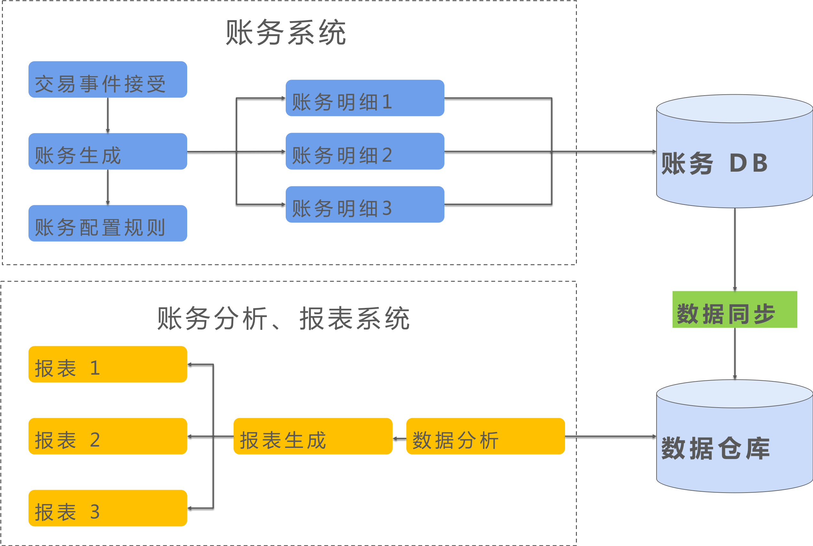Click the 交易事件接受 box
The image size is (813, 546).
point(108,80)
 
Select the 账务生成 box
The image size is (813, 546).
point(108,152)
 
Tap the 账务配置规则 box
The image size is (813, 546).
point(108,223)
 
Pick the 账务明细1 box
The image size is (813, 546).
point(365,98)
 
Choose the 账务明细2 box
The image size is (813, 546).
point(365,152)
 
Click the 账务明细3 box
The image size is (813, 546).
point(365,204)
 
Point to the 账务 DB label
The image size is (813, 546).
point(714,163)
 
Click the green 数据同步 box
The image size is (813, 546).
point(735,309)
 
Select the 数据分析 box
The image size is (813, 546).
point(485,436)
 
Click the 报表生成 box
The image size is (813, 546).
point(313,436)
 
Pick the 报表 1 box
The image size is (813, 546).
point(108,364)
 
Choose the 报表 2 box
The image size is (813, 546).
point(108,436)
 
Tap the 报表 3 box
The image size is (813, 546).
point(108,508)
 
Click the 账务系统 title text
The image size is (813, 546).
point(286,32)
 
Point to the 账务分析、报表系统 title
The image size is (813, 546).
point(283,318)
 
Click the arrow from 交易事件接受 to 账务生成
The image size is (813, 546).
point(108,115)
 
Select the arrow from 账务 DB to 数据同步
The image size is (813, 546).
point(735,249)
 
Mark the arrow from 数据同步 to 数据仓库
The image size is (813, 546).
point(735,354)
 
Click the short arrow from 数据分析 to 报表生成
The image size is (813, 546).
point(399,438)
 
